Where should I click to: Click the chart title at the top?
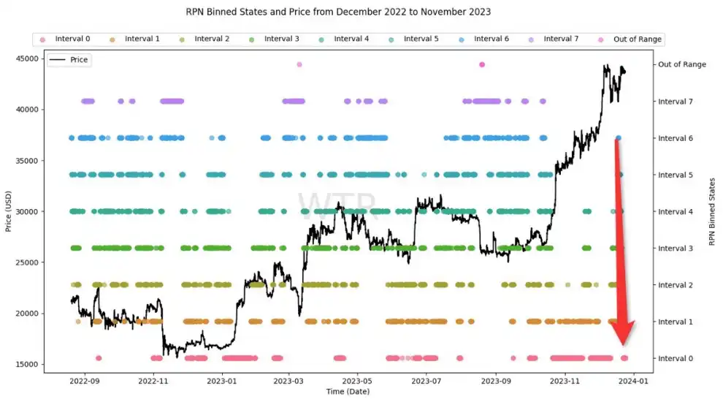(x=335, y=12)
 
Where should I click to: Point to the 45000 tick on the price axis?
(x=27, y=58)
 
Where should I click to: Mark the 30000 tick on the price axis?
(x=27, y=212)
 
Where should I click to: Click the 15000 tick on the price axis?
(x=27, y=365)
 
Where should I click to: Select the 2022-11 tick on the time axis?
(x=153, y=381)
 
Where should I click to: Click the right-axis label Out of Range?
(x=681, y=64)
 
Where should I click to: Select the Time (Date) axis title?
(x=348, y=392)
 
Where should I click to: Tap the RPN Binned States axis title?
(x=712, y=211)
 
